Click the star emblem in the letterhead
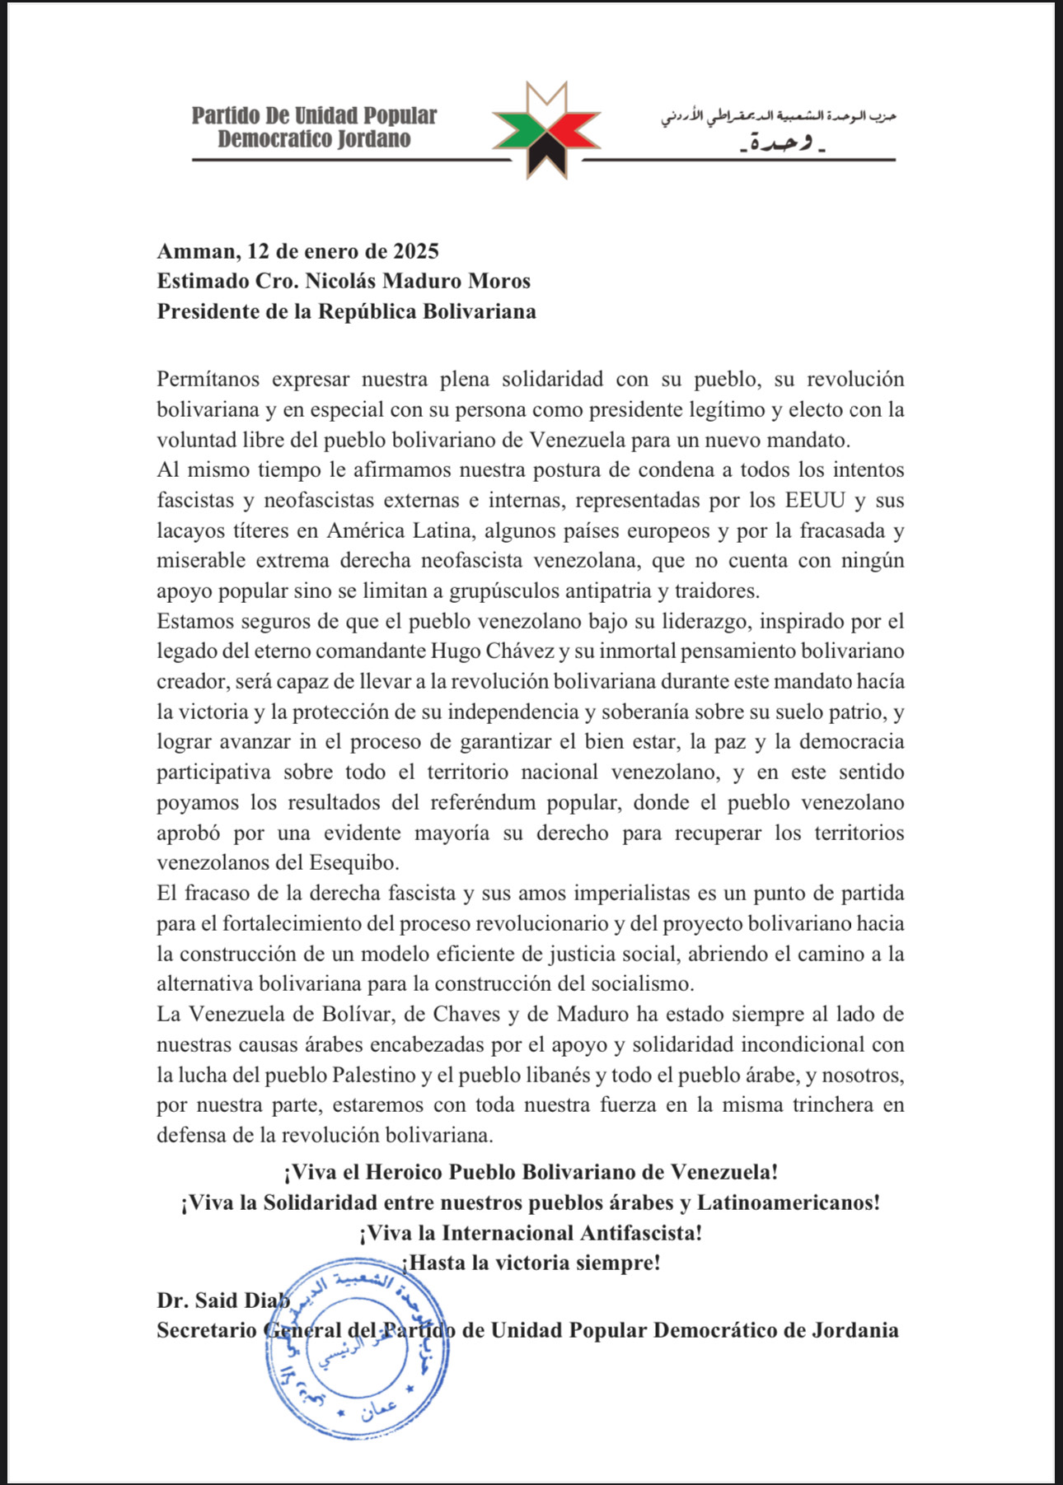(x=546, y=131)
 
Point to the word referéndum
(x=482, y=802)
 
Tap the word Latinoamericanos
(x=788, y=1202)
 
